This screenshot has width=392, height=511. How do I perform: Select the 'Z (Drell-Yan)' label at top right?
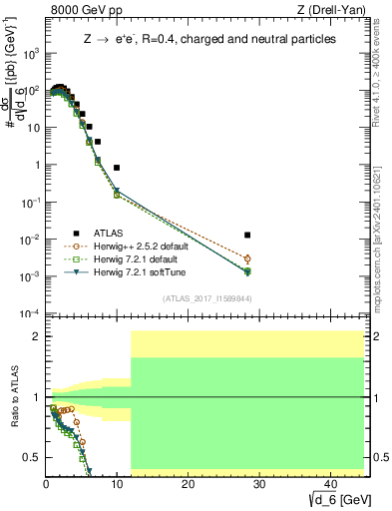point(333,10)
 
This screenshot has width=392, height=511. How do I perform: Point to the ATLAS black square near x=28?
point(247,235)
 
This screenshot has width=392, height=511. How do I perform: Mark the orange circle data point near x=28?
point(247,259)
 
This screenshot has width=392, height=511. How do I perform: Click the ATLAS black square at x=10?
point(117,168)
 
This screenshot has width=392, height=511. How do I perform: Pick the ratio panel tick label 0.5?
point(32,457)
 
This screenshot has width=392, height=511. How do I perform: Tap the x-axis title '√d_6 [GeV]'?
point(334,499)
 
